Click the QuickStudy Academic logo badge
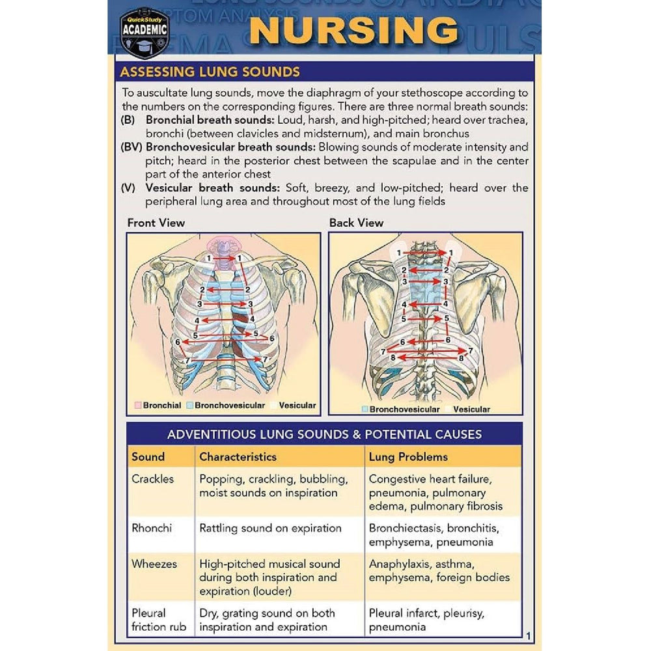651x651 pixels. pos(145,33)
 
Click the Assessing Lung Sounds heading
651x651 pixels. pos(210,72)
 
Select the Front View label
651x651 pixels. pos(156,223)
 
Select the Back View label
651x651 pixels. pos(356,223)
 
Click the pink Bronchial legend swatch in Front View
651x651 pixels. pos(138,405)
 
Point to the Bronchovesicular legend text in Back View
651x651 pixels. pos(404,409)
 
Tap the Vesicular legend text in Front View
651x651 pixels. pos(298,405)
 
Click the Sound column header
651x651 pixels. pos(148,457)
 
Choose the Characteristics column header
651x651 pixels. pos(238,457)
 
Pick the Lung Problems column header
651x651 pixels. pos(408,457)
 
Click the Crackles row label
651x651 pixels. pos(152,478)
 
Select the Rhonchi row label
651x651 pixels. pos(152,528)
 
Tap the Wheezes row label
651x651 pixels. pos(154,564)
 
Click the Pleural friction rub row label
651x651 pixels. pos(159,620)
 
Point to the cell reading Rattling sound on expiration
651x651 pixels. pos(270,529)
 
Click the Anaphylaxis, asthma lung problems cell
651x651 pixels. pos(439,571)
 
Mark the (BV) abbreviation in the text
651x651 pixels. pos(132,147)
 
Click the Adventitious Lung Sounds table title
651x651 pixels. pos(324,434)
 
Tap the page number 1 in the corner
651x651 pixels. pos(528,635)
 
